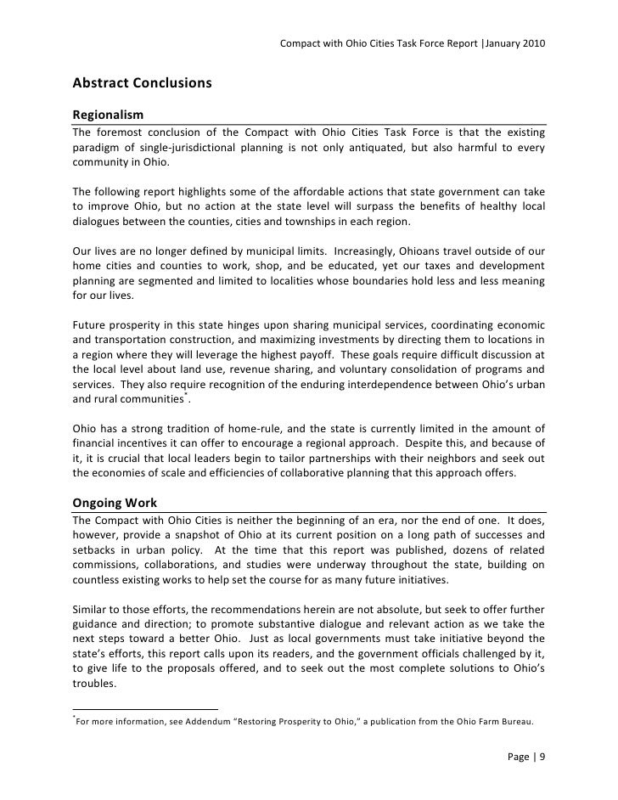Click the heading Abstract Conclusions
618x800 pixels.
coord(141,85)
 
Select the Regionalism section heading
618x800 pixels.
coord(108,115)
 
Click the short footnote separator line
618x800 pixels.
coord(144,709)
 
